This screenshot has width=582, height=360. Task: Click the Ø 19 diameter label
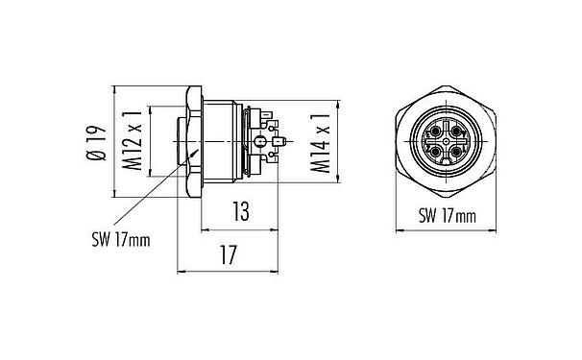point(94,141)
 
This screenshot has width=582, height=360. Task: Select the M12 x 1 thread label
point(134,141)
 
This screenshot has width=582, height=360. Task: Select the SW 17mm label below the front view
point(447,217)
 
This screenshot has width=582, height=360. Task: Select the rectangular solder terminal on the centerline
point(279,144)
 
